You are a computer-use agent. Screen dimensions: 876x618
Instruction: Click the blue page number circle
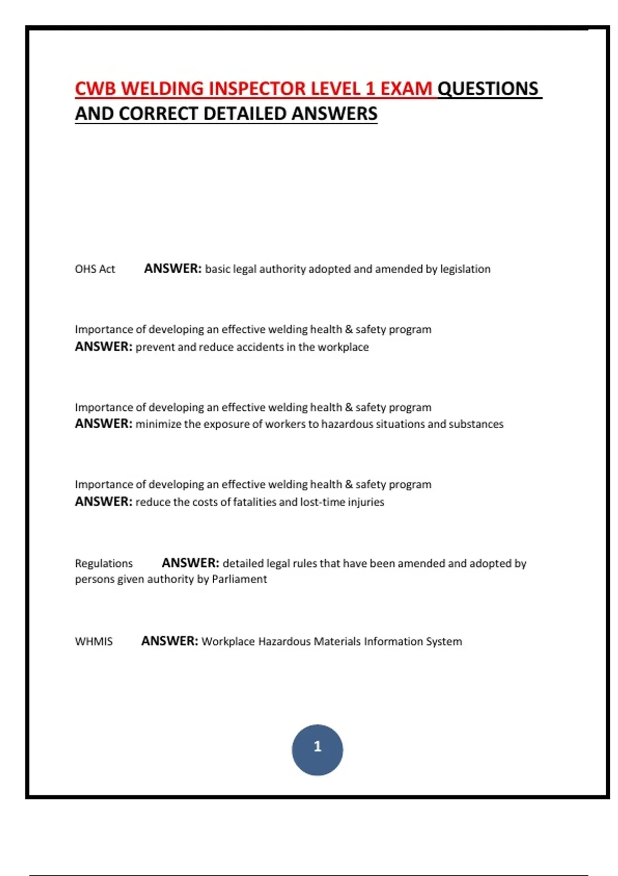coord(317,750)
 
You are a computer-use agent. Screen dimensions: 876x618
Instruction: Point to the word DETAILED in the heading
coord(245,114)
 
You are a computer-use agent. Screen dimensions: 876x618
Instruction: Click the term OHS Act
coord(95,269)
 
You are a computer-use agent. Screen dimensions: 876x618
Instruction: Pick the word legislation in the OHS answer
coord(465,269)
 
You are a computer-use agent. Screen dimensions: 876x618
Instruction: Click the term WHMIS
coord(94,642)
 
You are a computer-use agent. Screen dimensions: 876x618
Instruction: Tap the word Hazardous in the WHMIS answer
coord(284,642)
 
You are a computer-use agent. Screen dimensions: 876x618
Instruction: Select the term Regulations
coord(104,563)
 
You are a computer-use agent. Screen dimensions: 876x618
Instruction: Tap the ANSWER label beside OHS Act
coord(173,268)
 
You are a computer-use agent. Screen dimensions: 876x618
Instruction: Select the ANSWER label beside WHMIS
coord(169,641)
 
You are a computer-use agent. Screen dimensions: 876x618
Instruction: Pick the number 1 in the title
coord(370,89)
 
